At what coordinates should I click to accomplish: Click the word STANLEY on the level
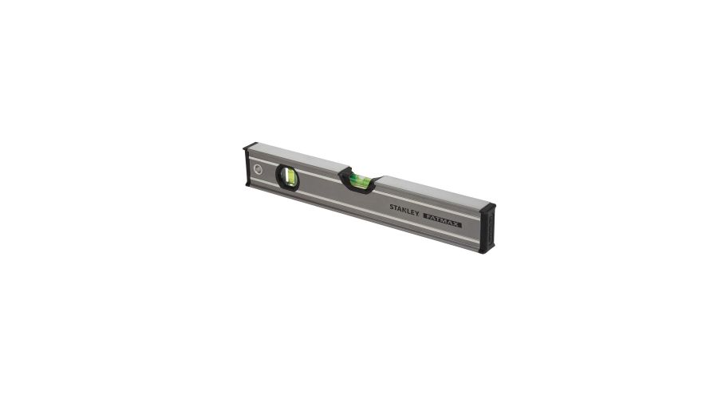click(x=404, y=210)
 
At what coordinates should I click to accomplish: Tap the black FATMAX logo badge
click(x=442, y=220)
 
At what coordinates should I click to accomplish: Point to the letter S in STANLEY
click(x=392, y=207)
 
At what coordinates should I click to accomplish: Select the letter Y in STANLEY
click(x=416, y=214)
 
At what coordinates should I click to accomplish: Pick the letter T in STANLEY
click(x=396, y=208)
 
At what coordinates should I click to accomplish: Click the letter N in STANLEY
click(x=404, y=210)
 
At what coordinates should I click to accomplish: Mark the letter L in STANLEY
click(x=409, y=211)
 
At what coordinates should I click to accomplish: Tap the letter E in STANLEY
click(x=412, y=212)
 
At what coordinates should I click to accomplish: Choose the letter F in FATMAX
click(x=427, y=216)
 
